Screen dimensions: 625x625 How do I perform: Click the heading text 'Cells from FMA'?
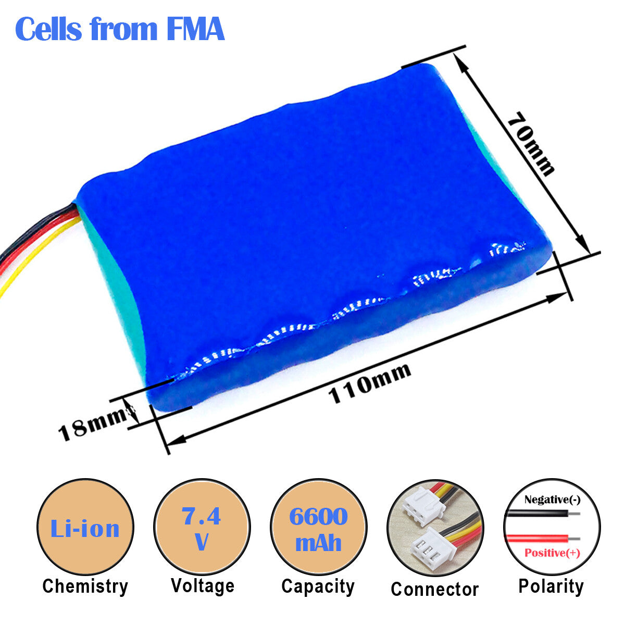tap(120, 29)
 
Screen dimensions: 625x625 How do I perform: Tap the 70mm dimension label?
tap(531, 144)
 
